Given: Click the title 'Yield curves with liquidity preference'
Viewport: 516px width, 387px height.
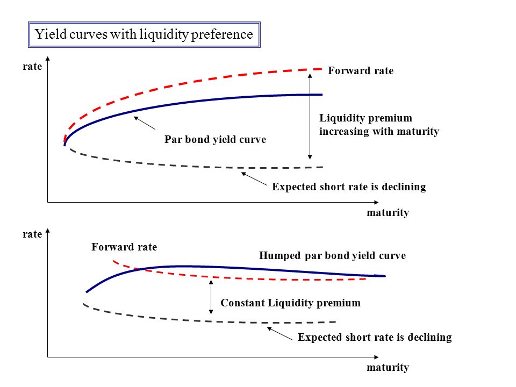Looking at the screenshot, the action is click(x=144, y=34).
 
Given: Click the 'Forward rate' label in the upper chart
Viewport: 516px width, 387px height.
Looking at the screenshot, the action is click(x=361, y=70).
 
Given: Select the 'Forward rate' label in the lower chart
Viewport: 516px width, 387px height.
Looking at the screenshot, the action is click(x=124, y=247).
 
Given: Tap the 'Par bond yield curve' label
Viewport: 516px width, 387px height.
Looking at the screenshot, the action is click(x=215, y=139).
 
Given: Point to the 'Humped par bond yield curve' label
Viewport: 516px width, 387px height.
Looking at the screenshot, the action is click(x=332, y=255).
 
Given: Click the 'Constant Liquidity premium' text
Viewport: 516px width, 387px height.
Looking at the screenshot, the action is click(x=290, y=303).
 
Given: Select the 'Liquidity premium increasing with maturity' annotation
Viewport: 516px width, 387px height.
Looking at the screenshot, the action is click(x=379, y=124).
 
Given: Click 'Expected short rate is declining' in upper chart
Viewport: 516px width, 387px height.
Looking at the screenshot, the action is click(x=349, y=187).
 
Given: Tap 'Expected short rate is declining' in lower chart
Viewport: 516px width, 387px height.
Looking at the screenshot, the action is click(x=375, y=337).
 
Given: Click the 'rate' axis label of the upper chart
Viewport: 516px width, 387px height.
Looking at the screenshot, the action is click(x=32, y=66).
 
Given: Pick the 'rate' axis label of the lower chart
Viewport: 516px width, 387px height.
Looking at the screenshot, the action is click(x=32, y=234).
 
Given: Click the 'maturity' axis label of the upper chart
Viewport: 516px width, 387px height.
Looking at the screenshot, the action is click(x=388, y=213).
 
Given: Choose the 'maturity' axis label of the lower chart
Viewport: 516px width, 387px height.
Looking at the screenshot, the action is click(x=388, y=367).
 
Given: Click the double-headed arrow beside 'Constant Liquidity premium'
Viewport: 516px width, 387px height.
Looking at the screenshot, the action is click(x=211, y=297).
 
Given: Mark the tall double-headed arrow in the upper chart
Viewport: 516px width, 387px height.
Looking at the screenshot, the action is click(x=310, y=117).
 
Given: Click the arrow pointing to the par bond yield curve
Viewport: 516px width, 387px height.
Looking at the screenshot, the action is click(x=145, y=123).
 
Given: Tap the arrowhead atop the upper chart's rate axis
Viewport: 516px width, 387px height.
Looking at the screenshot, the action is click(x=48, y=59).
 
